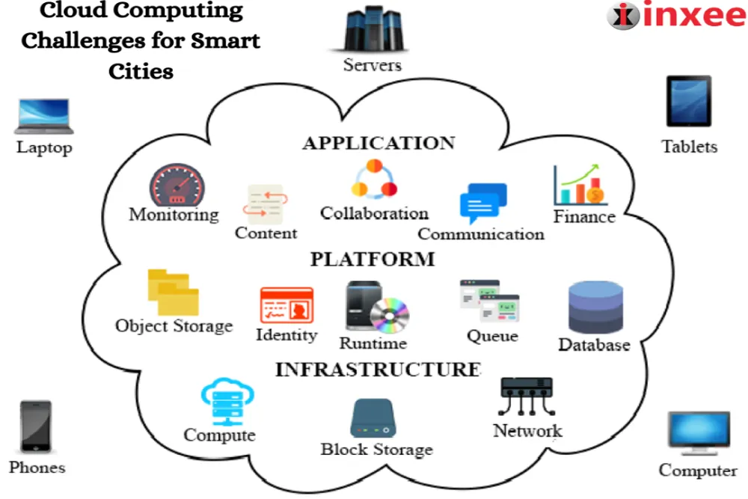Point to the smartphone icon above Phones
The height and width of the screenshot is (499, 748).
pyautogui.click(x=36, y=427)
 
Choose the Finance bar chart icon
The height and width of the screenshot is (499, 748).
pyautogui.click(x=580, y=185)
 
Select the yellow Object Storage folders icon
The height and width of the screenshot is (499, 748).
pyautogui.click(x=173, y=293)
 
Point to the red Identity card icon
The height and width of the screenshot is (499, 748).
pyautogui.click(x=286, y=306)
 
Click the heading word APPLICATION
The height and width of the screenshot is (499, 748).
pyautogui.click(x=378, y=143)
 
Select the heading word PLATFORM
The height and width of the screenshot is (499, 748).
pyautogui.click(x=372, y=260)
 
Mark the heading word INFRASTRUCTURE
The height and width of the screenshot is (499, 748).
pyautogui.click(x=378, y=370)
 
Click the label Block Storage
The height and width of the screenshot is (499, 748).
pyautogui.click(x=376, y=450)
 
